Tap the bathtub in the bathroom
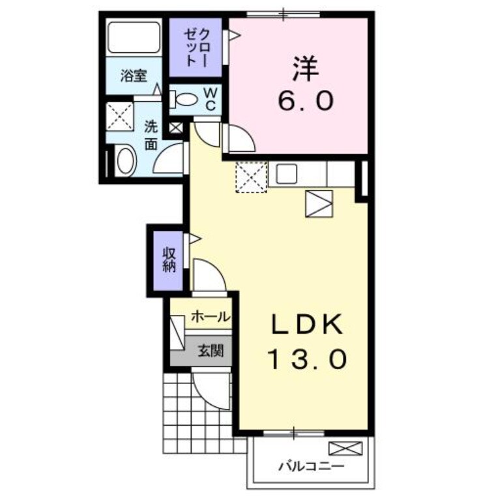coord(134,37)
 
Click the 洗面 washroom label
coord(151,134)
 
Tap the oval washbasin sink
coord(124,161)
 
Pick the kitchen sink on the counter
coord(287,173)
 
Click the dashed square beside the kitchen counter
coord(251,177)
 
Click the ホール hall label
coord(210,317)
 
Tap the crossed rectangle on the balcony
coord(344,449)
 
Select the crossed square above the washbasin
coord(119,116)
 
